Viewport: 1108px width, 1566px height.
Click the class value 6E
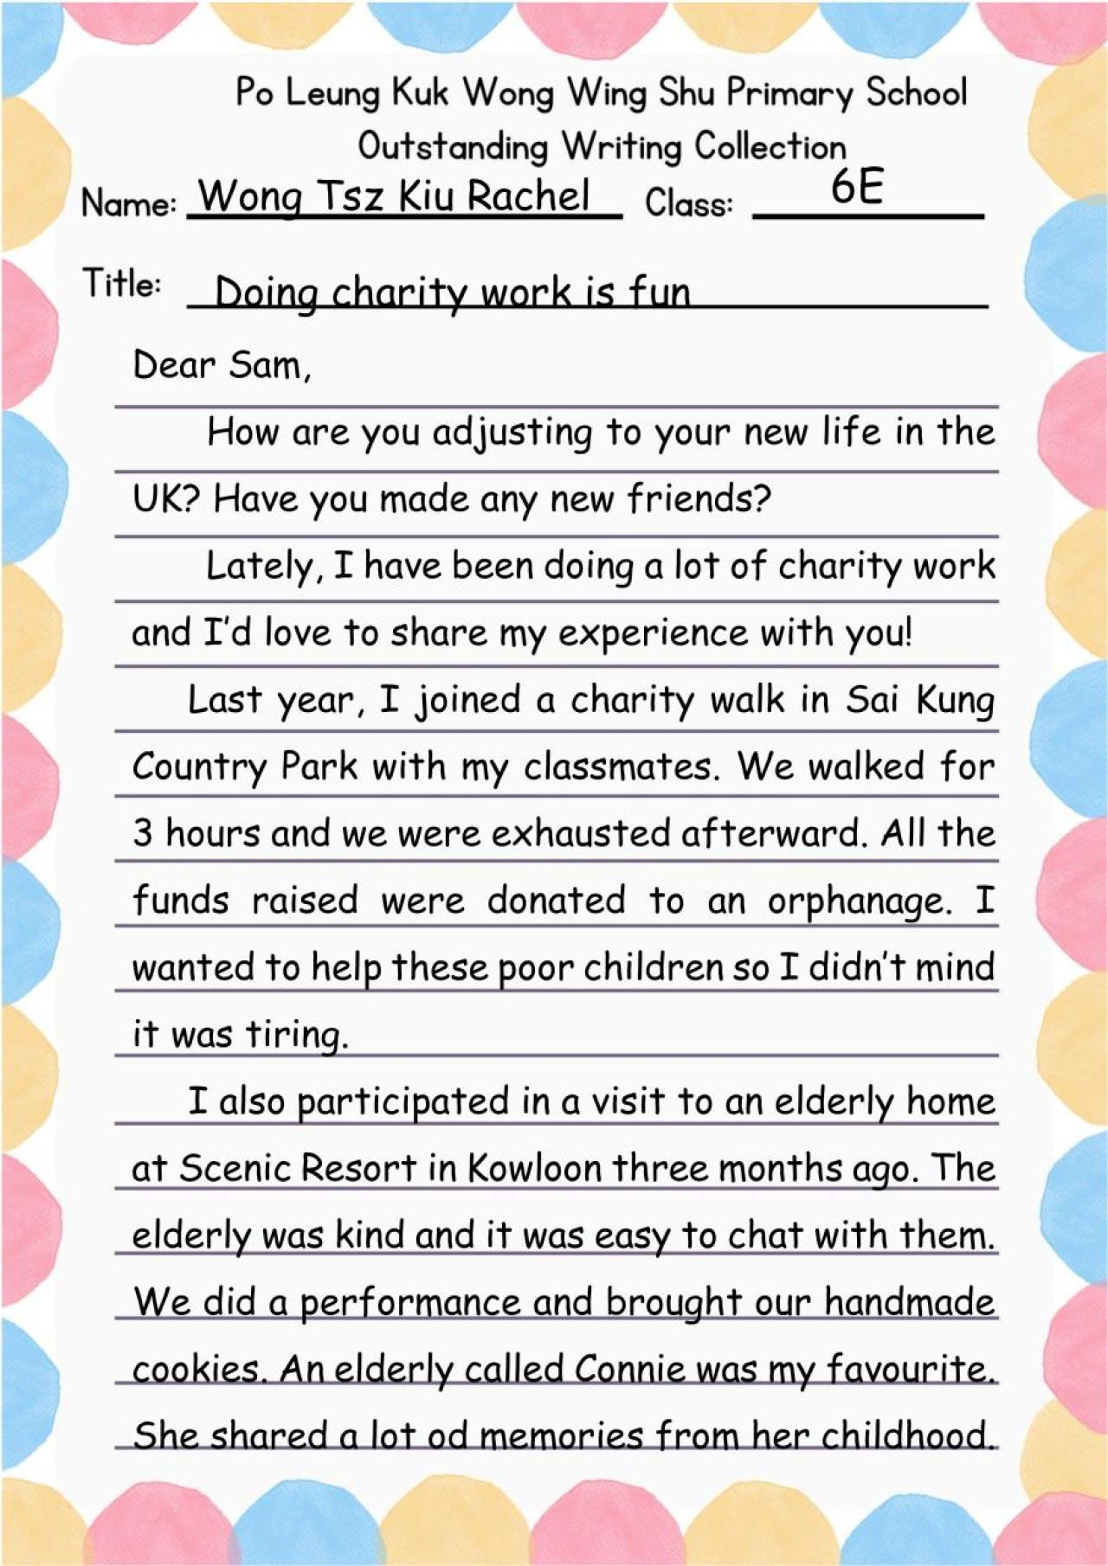(x=856, y=186)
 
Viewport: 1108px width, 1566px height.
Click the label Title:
(x=121, y=284)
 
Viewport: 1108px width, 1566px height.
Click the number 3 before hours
(x=143, y=834)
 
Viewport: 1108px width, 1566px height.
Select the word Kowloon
(x=535, y=1169)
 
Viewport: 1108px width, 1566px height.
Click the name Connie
(x=630, y=1370)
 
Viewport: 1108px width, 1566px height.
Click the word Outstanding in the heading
(x=453, y=146)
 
